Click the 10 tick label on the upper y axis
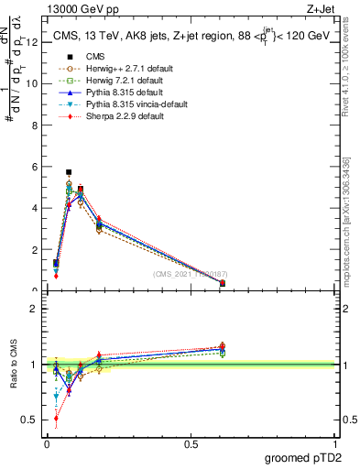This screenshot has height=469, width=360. point(32,83)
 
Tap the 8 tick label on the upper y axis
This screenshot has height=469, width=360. point(35,125)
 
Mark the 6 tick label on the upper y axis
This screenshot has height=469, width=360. point(35,167)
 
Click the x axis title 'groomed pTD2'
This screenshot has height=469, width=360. point(303,458)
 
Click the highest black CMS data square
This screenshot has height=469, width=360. point(69,171)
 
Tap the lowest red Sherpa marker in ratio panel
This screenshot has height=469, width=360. point(57,418)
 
